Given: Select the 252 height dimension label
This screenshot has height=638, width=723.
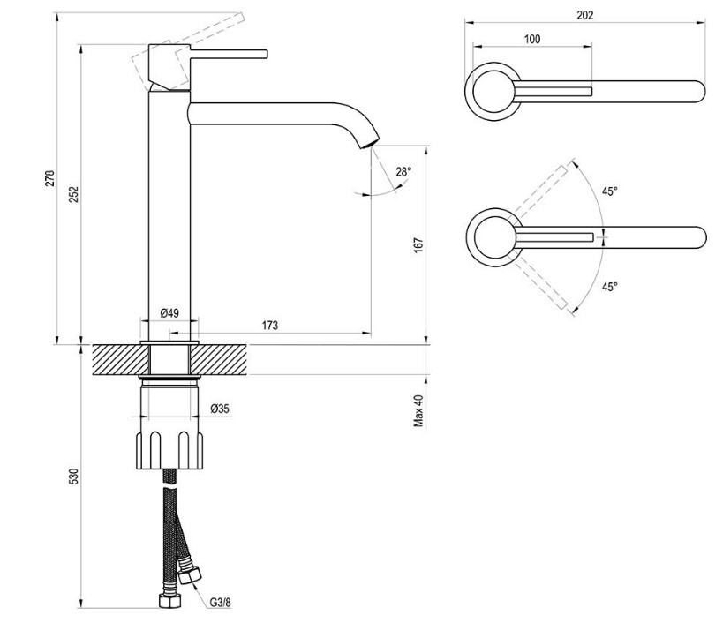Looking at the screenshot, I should [x=75, y=194].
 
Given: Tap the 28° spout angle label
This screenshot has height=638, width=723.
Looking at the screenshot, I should [x=403, y=172].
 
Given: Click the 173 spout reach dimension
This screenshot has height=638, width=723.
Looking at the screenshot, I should [x=270, y=326].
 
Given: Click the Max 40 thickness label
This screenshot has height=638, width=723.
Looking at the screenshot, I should [x=419, y=411].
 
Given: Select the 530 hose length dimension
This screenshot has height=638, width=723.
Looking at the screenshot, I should [x=75, y=476].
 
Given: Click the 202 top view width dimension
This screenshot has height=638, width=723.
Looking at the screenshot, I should [x=584, y=15].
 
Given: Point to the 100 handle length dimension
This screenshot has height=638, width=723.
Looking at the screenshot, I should [x=532, y=39].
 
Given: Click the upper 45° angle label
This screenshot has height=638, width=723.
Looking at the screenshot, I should [x=610, y=191].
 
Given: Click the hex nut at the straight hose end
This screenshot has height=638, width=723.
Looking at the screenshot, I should [x=168, y=602].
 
